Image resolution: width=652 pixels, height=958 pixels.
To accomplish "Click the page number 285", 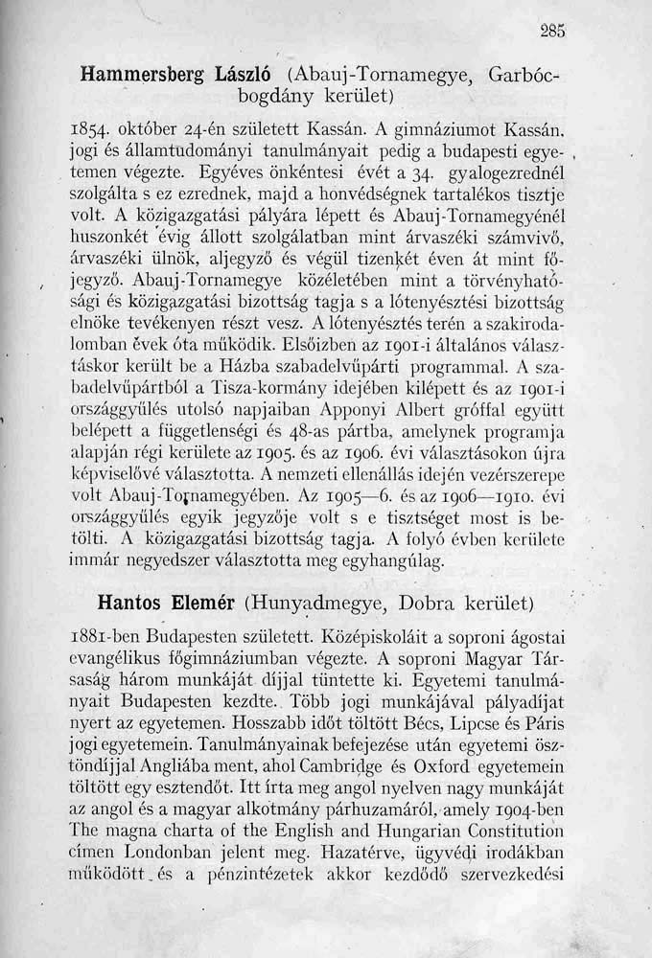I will click(551, 28).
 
